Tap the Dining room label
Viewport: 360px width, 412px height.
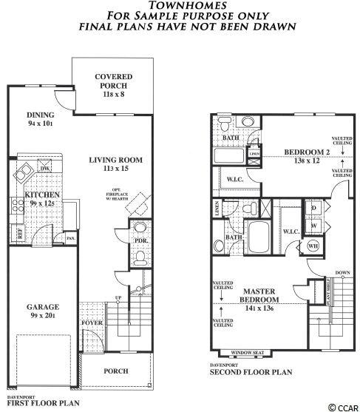point(41,115)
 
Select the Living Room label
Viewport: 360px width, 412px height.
point(115,161)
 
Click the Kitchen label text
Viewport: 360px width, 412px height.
point(43,195)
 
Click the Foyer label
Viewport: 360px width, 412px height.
point(92,322)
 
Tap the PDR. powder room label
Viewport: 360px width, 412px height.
point(140,240)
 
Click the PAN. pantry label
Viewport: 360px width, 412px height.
point(71,238)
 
